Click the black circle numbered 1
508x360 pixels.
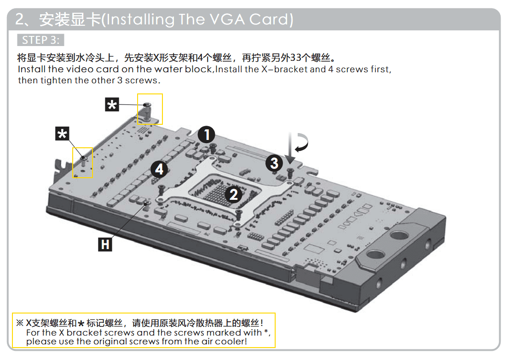coord(206,134)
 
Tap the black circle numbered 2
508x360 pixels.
coord(234,194)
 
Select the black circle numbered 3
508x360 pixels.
coord(274,163)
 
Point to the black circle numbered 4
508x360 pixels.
coord(159,169)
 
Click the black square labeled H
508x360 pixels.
coord(105,244)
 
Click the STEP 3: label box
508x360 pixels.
coord(40,40)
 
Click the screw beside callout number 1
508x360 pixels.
coord(213,148)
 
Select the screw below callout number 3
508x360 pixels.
coord(290,173)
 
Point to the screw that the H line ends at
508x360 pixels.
coord(147,203)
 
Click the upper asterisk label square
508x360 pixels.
coord(112,105)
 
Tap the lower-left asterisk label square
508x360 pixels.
coord(62,134)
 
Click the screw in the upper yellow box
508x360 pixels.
coord(147,105)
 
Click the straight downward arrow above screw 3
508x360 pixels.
coord(290,148)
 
